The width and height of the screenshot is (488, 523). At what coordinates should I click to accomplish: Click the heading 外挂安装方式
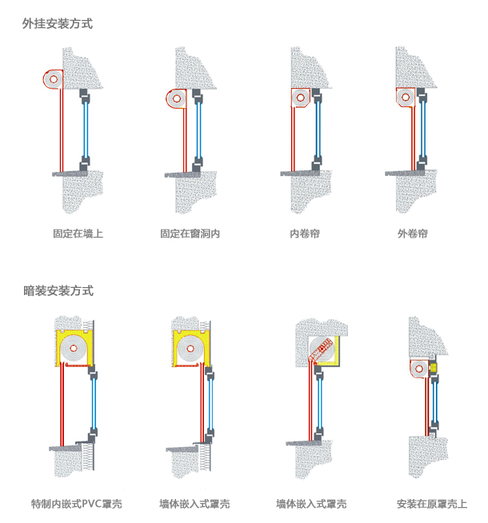(58, 24)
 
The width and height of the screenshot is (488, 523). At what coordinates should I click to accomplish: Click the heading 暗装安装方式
(58, 291)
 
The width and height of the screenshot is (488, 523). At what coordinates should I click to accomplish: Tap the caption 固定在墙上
(78, 234)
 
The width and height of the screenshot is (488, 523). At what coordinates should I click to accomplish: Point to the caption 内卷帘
(305, 234)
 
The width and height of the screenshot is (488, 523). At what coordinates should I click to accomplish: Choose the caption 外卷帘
(412, 234)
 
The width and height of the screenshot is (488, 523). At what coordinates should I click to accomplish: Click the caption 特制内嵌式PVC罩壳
(76, 505)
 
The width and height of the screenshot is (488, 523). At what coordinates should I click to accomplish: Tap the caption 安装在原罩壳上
(431, 505)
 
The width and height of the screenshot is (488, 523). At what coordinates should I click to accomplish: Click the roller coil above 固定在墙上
(54, 78)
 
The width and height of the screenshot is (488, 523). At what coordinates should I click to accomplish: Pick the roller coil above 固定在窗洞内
(178, 98)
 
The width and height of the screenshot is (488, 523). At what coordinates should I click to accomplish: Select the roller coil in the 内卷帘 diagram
(301, 99)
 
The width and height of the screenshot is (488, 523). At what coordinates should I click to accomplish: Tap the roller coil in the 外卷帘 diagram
(408, 99)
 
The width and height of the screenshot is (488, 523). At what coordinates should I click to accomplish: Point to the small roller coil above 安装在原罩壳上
(418, 369)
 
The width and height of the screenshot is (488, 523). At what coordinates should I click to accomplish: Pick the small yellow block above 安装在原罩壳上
(433, 367)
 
